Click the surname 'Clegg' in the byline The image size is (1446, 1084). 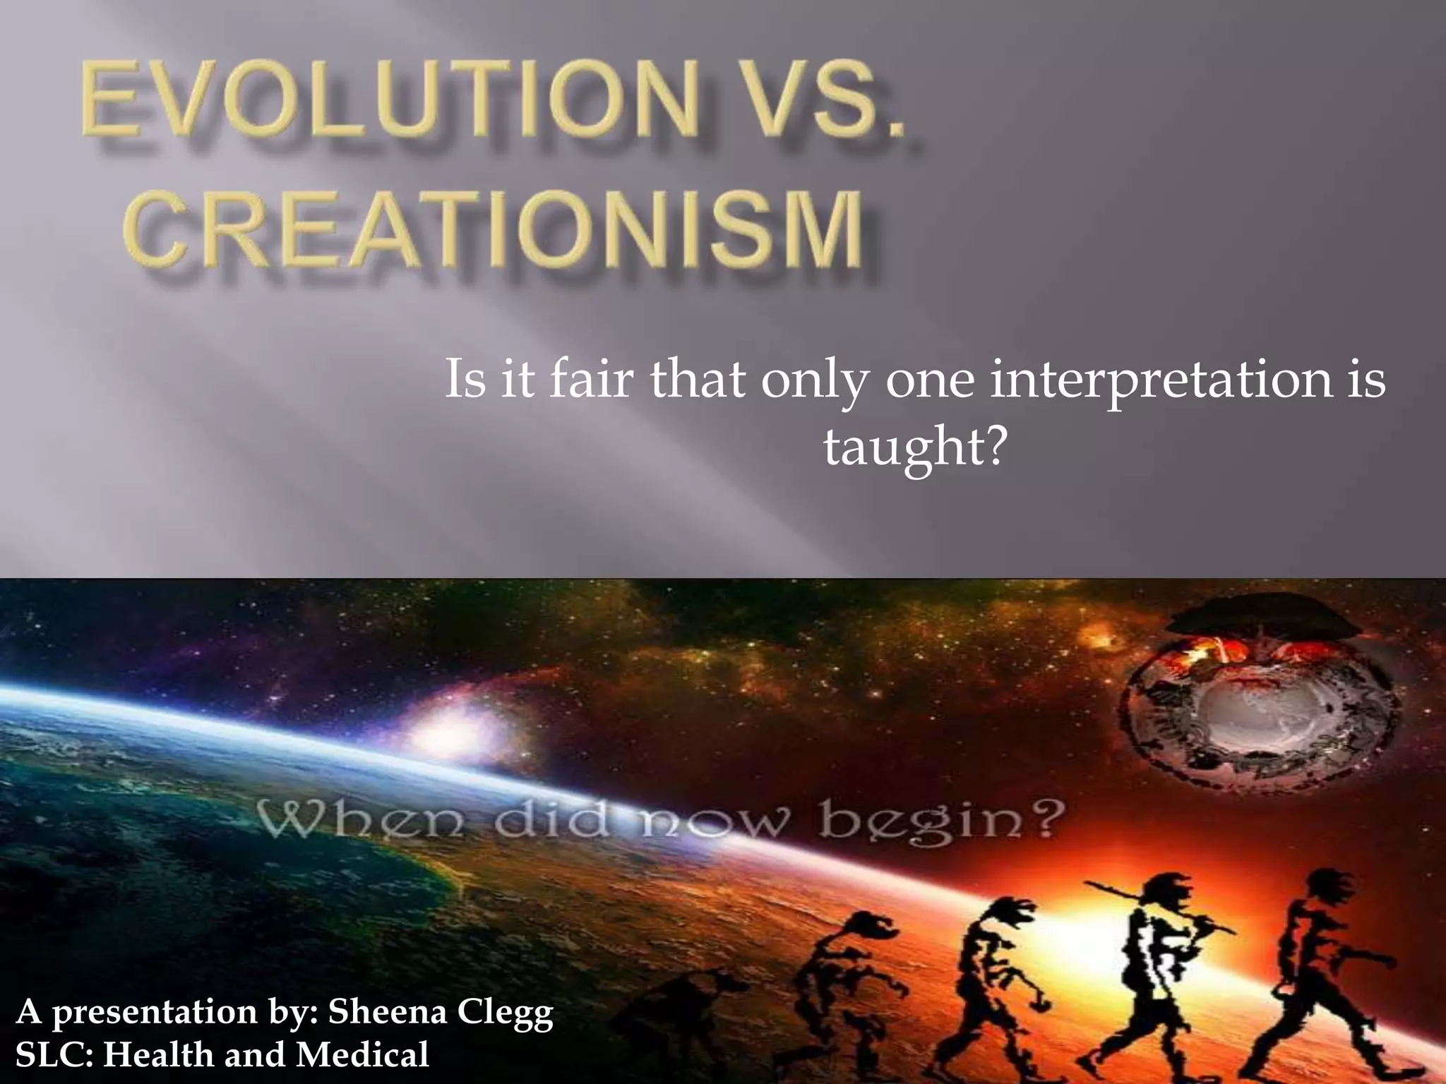506,1013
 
